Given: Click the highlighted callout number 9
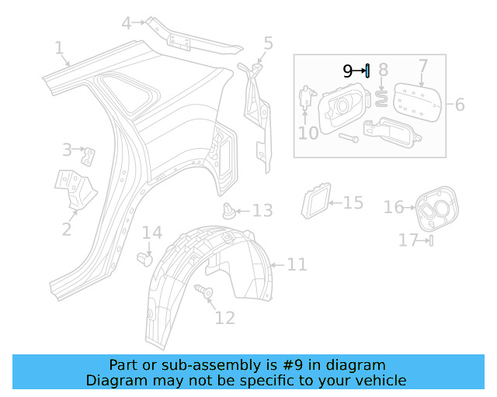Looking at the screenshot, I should click(x=348, y=71).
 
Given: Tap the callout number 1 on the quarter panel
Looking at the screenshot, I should click(x=59, y=49).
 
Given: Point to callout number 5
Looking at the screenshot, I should click(x=268, y=43).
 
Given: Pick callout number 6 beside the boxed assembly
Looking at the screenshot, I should click(x=460, y=105).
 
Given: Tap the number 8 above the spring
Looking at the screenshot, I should click(x=383, y=72).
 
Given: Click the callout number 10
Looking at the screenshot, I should click(x=308, y=133).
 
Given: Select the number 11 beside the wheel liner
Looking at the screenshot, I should click(x=297, y=265).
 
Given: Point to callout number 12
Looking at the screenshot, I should click(x=224, y=317).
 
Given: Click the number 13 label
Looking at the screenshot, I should click(x=262, y=211).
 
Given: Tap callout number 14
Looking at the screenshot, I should click(x=151, y=233).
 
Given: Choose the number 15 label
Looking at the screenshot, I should click(x=353, y=203).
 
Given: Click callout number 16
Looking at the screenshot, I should click(x=394, y=207).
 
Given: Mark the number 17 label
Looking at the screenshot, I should click(x=408, y=240).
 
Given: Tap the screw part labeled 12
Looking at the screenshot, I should click(x=207, y=292).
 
